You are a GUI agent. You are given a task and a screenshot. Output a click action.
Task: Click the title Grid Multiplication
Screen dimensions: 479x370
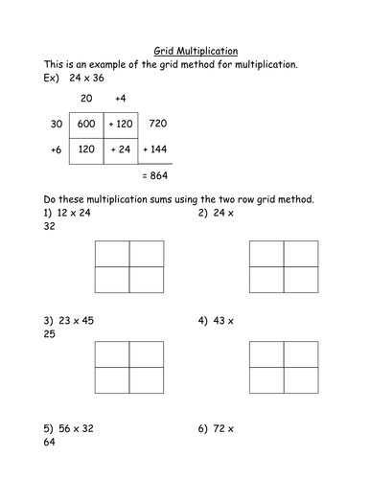tap(197, 49)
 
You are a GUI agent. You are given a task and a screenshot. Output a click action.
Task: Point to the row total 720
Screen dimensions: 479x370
tap(160, 125)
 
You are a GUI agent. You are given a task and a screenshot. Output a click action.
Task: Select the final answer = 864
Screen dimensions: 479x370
tap(155, 178)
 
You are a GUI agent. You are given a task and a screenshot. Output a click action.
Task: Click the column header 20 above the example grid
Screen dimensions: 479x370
tap(86, 98)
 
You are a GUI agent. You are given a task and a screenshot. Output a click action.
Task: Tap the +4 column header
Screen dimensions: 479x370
tap(122, 98)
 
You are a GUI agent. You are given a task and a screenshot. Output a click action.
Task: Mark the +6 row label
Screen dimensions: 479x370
tap(54, 150)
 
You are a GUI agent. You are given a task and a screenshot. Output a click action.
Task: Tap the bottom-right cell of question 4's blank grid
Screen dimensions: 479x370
tap(300, 381)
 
